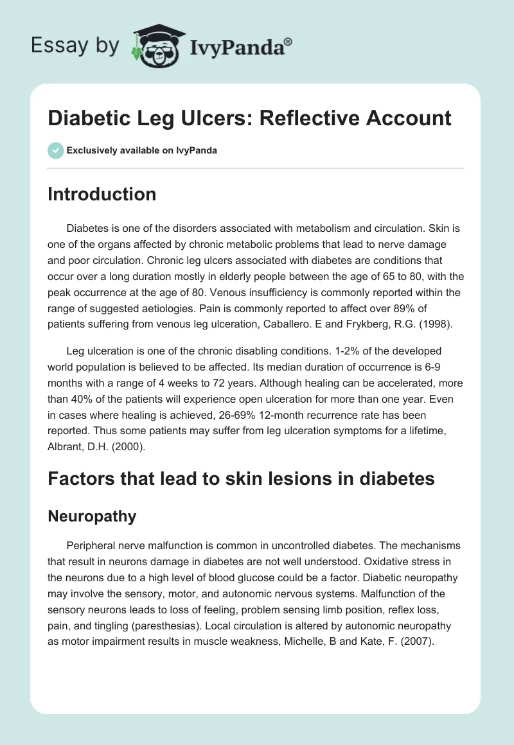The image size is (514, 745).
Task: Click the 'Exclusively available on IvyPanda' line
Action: click(141, 151)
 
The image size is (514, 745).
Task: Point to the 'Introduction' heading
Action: click(102, 194)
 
